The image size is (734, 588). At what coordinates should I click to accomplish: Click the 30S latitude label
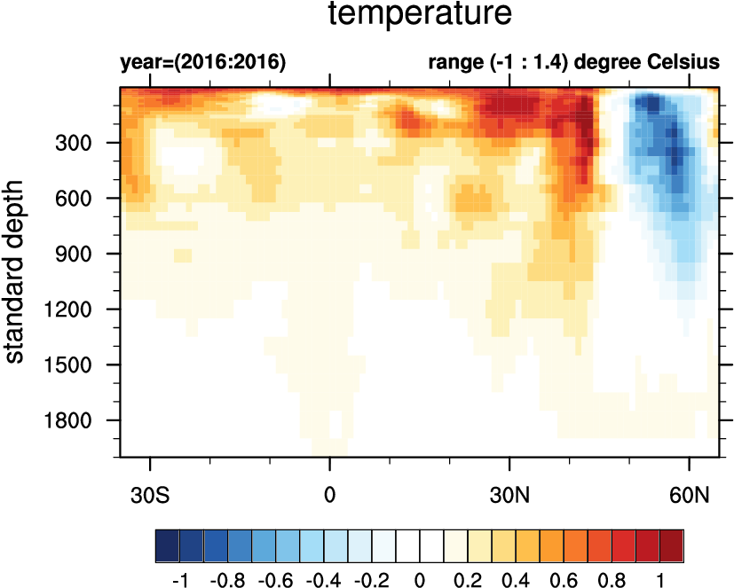(x=152, y=494)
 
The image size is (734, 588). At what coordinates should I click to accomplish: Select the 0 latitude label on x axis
(x=330, y=494)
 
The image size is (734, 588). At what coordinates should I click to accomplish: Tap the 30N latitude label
(x=510, y=494)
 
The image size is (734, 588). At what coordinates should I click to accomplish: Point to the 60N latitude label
(x=690, y=494)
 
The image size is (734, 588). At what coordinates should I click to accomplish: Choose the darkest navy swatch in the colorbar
(x=167, y=542)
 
